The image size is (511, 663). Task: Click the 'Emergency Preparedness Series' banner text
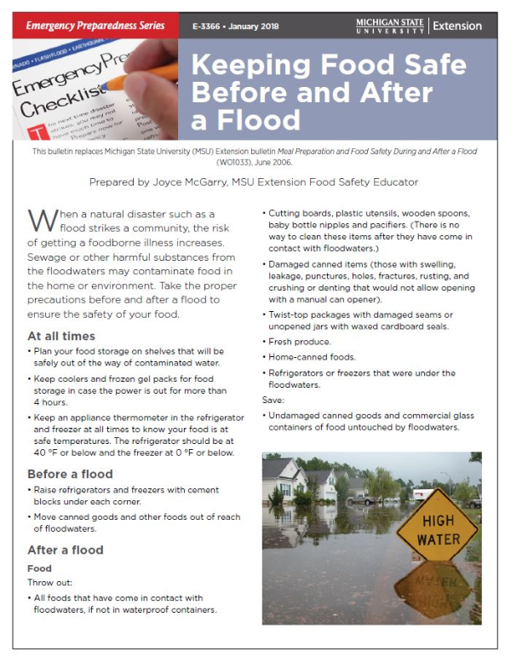(x=95, y=26)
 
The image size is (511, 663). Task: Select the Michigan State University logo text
(x=390, y=25)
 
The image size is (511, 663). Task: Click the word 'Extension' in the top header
(x=457, y=26)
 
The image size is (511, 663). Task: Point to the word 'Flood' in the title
(x=247, y=121)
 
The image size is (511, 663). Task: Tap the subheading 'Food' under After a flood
(x=39, y=568)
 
